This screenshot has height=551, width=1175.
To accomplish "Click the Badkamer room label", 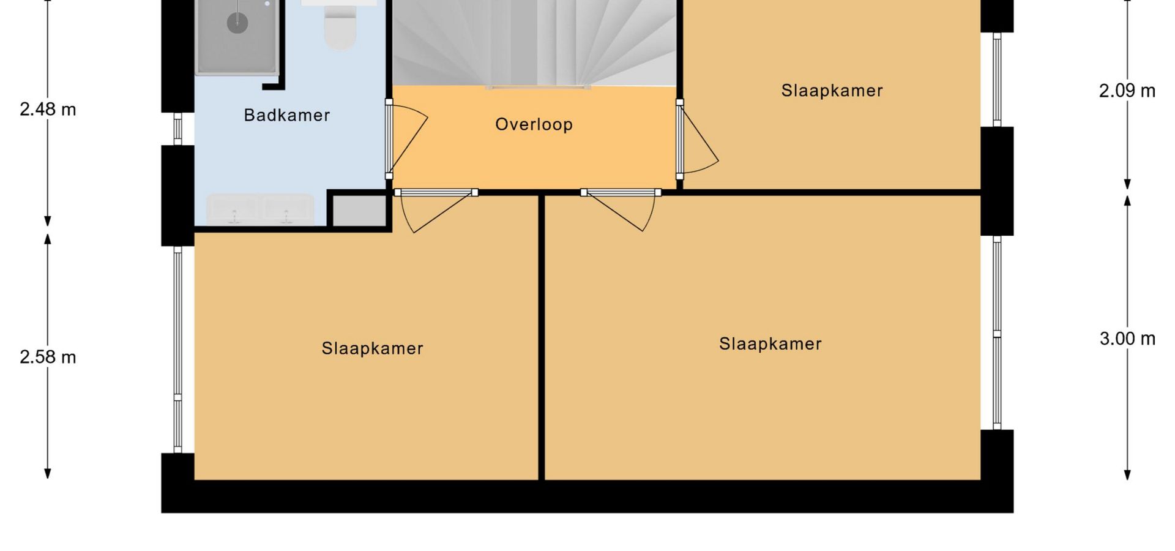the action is coord(286,115).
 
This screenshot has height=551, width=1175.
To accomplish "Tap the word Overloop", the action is coord(534,124).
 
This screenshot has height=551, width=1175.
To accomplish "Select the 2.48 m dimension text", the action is coord(48,110).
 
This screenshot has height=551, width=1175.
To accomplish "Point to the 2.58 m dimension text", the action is coord(48,357).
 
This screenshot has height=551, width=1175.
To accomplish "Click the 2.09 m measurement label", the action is coord(1127,91).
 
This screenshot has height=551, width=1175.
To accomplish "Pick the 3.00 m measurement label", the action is coord(1127,339).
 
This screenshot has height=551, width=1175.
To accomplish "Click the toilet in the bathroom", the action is coord(340,27).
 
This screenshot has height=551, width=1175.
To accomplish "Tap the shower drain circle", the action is coord(237,23).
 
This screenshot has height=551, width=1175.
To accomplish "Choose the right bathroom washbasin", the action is coord(287,209).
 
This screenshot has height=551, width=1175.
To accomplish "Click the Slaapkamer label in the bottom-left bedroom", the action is coord(372,348).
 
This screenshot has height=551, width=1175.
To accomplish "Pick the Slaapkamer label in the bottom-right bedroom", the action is coord(770,344).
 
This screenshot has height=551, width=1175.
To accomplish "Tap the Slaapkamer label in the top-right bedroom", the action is coord(832,91).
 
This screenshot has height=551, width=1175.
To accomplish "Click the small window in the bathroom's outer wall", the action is coord(177,129).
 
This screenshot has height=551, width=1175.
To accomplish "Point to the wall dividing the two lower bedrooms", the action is coord(542,337).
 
